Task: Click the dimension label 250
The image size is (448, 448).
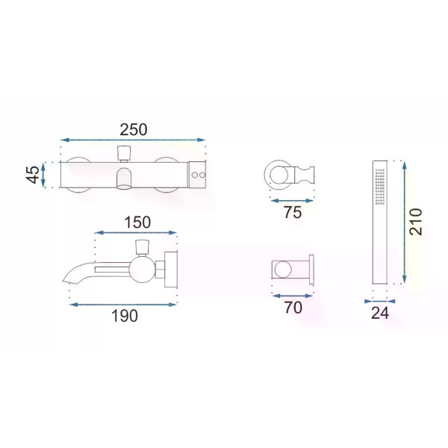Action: (x=134, y=130)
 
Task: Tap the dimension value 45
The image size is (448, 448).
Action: (x=33, y=175)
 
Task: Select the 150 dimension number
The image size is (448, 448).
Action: (x=137, y=223)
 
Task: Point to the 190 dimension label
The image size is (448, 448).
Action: (x=125, y=316)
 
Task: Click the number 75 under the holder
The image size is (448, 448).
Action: (x=293, y=212)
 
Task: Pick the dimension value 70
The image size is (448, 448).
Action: (x=293, y=308)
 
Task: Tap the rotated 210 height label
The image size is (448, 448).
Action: (x=415, y=222)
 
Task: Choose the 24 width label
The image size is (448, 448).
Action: (x=380, y=313)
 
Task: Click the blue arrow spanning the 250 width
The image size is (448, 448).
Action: (x=133, y=140)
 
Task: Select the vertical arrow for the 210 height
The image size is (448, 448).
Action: (x=404, y=223)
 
